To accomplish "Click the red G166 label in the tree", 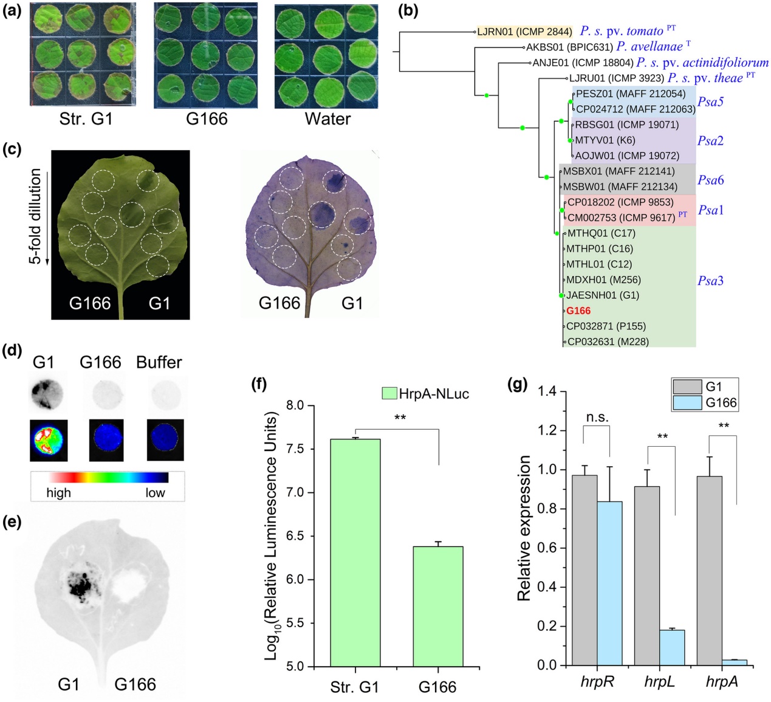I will pyautogui.click(x=578, y=311).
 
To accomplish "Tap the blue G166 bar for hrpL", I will pyautogui.click(x=672, y=647).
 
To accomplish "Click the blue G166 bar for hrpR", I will pyautogui.click(x=609, y=583).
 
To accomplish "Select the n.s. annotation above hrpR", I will pyautogui.click(x=597, y=417).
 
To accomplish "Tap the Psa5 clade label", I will pyautogui.click(x=710, y=102).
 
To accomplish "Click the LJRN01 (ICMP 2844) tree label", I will pyautogui.click(x=524, y=32).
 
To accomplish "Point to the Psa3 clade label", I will pyautogui.click(x=710, y=281).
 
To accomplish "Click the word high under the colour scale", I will pyautogui.click(x=58, y=492).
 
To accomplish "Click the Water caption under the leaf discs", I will pyautogui.click(x=327, y=118).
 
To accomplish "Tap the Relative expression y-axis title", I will pyautogui.click(x=523, y=528).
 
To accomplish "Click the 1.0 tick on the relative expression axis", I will pyautogui.click(x=548, y=470).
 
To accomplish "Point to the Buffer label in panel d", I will pyautogui.click(x=159, y=362).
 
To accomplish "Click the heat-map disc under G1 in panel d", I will pyautogui.click(x=49, y=439).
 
